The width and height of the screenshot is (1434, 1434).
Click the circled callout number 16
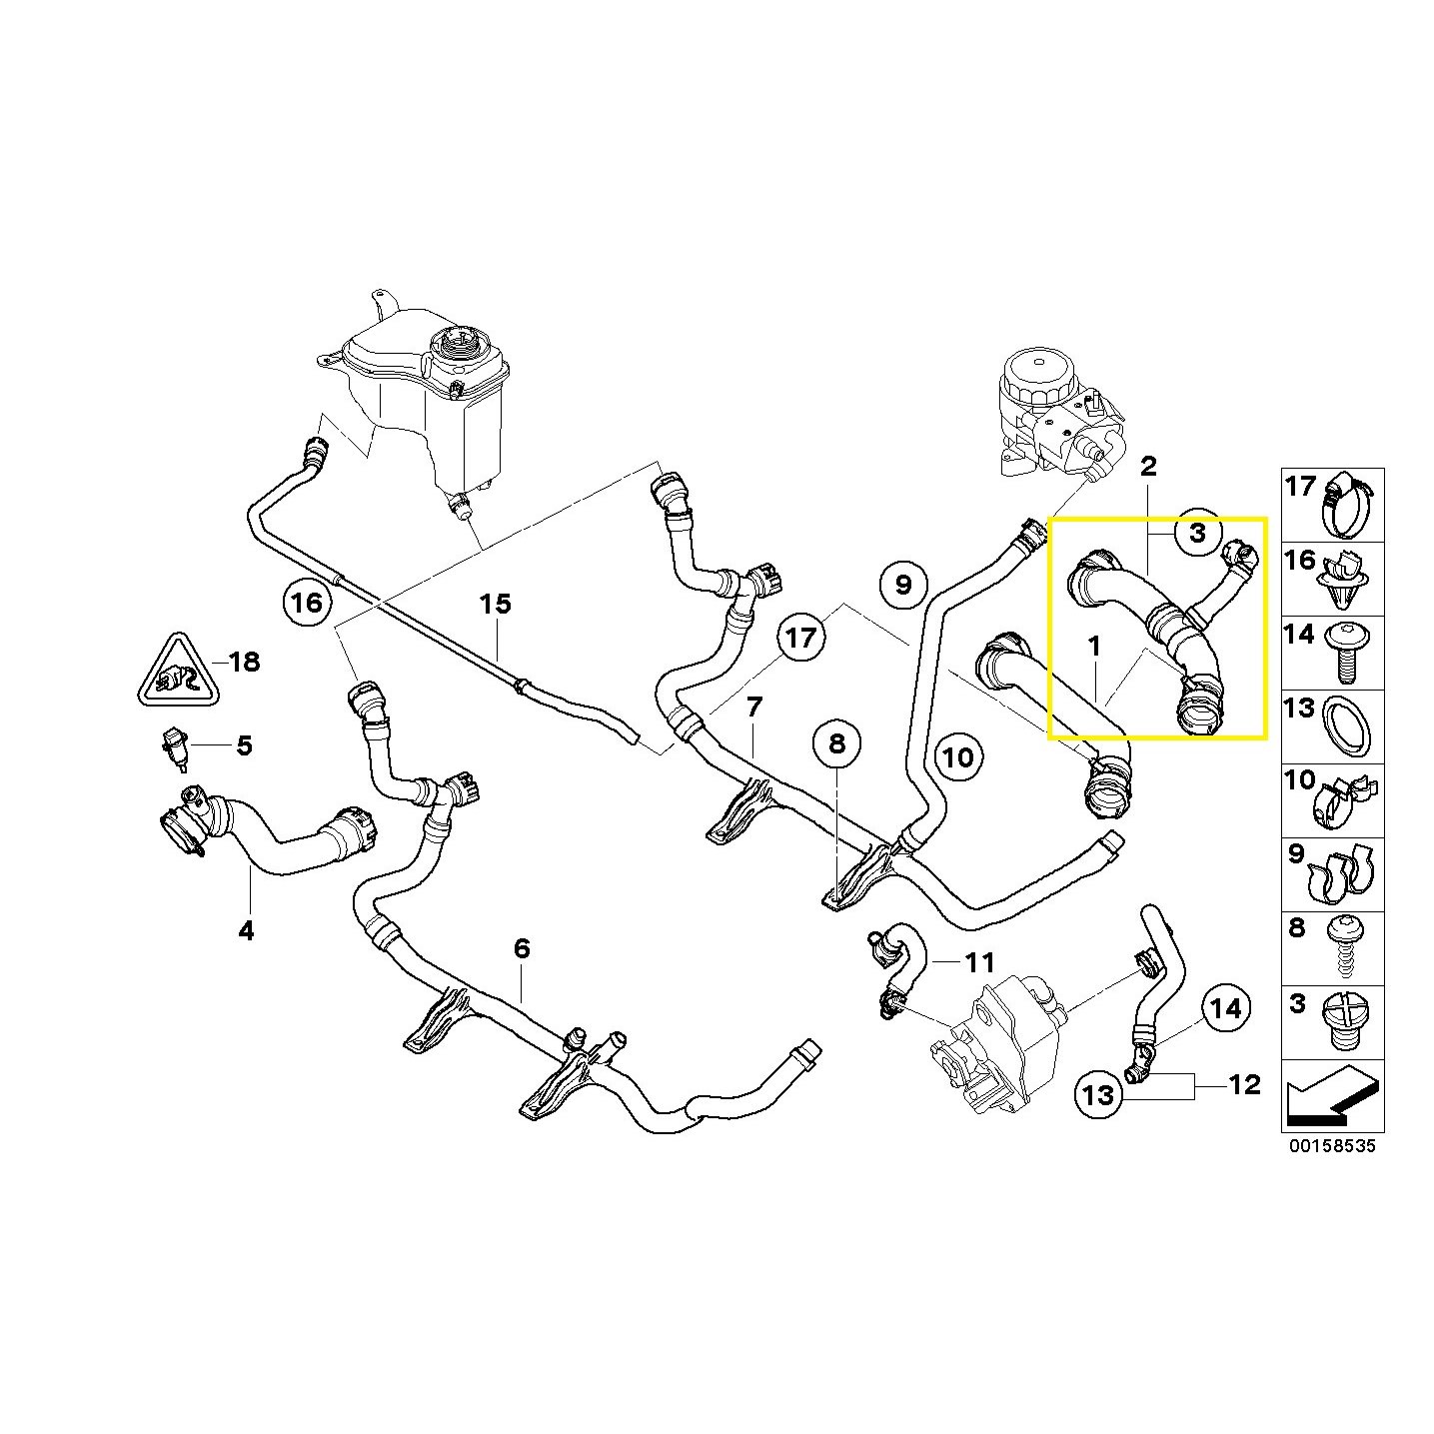click(x=307, y=603)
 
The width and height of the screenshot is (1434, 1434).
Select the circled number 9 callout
click(x=903, y=584)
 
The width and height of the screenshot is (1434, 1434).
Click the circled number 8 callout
click(x=836, y=742)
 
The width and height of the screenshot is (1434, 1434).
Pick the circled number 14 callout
click(x=1226, y=1009)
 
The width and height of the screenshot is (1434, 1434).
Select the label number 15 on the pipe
click(x=495, y=604)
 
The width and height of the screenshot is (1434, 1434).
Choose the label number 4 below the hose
click(x=246, y=931)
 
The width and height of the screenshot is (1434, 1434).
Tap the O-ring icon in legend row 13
click(x=1346, y=726)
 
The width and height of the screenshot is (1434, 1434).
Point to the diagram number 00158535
click(x=1331, y=1146)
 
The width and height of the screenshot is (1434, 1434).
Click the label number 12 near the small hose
click(x=1244, y=1085)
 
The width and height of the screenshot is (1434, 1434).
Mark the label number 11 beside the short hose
click(x=979, y=962)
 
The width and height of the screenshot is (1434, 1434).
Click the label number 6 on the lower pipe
click(x=522, y=948)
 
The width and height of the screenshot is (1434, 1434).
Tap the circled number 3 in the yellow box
click(x=1197, y=534)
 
